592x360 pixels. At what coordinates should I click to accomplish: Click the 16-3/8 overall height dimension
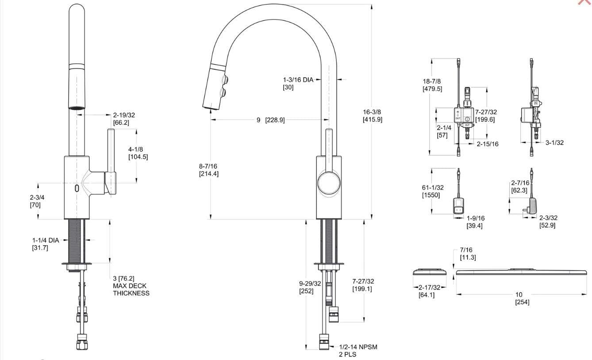[373, 116]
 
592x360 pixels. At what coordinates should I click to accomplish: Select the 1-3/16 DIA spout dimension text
[298, 83]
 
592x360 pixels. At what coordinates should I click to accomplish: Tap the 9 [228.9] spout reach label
[270, 120]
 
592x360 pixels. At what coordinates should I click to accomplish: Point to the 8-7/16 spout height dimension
[208, 170]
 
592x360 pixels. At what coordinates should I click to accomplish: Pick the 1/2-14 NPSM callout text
[358, 350]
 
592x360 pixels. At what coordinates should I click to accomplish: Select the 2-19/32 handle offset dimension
[124, 119]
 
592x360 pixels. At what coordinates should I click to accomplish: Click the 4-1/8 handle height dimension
[138, 153]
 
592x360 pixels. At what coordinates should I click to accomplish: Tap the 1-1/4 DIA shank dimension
[45, 244]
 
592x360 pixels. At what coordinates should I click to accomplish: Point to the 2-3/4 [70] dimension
[37, 201]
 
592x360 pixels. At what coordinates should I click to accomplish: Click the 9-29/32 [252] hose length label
[310, 287]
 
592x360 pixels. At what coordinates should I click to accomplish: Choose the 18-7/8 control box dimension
[432, 85]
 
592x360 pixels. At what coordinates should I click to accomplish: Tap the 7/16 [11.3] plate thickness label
[468, 254]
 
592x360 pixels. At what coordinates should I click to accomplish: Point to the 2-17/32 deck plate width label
[427, 291]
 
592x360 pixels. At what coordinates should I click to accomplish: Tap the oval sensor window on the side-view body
[77, 188]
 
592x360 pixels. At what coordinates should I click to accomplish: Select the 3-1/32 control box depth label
[554, 143]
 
